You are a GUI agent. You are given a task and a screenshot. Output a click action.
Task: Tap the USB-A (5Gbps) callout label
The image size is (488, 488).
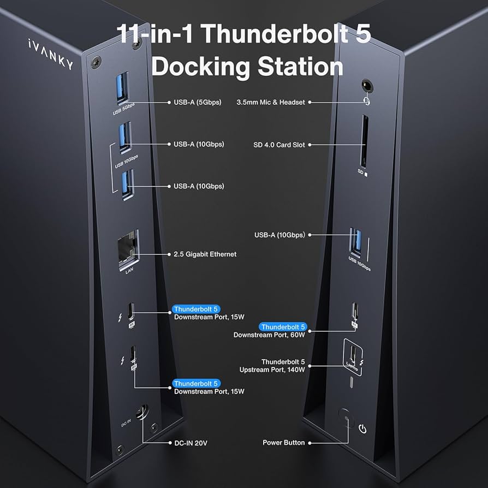click(x=198, y=102)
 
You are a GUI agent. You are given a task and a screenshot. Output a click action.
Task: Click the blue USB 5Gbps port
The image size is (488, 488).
click(x=122, y=89)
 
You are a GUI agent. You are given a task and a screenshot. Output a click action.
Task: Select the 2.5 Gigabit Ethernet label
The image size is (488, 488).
click(x=205, y=254)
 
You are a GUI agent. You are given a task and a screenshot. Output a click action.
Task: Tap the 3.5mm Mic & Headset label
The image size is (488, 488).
click(x=271, y=102)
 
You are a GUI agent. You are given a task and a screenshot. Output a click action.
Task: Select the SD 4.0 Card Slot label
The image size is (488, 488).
click(x=279, y=145)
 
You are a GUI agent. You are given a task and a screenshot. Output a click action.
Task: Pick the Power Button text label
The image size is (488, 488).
click(x=283, y=443)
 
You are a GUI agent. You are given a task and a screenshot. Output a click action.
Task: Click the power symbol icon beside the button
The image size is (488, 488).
click(x=362, y=429)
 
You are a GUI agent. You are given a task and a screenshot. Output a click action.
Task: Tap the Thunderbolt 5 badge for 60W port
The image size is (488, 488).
click(x=283, y=327)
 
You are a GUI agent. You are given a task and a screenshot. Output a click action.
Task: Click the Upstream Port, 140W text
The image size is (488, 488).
click(x=272, y=370)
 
